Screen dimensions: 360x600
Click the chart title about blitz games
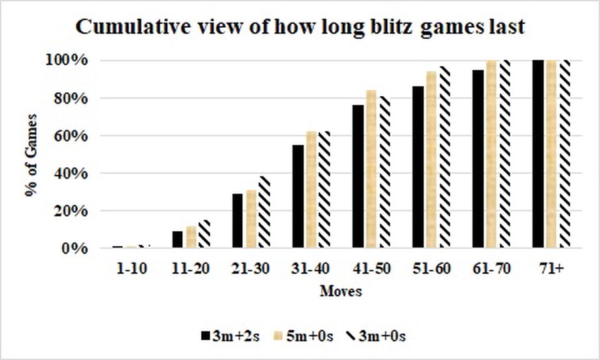[x=300, y=25]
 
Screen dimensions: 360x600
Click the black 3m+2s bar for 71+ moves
[x=537, y=154]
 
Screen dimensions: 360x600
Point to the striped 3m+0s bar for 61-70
[x=502, y=154]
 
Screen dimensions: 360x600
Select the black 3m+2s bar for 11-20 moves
[x=178, y=239]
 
